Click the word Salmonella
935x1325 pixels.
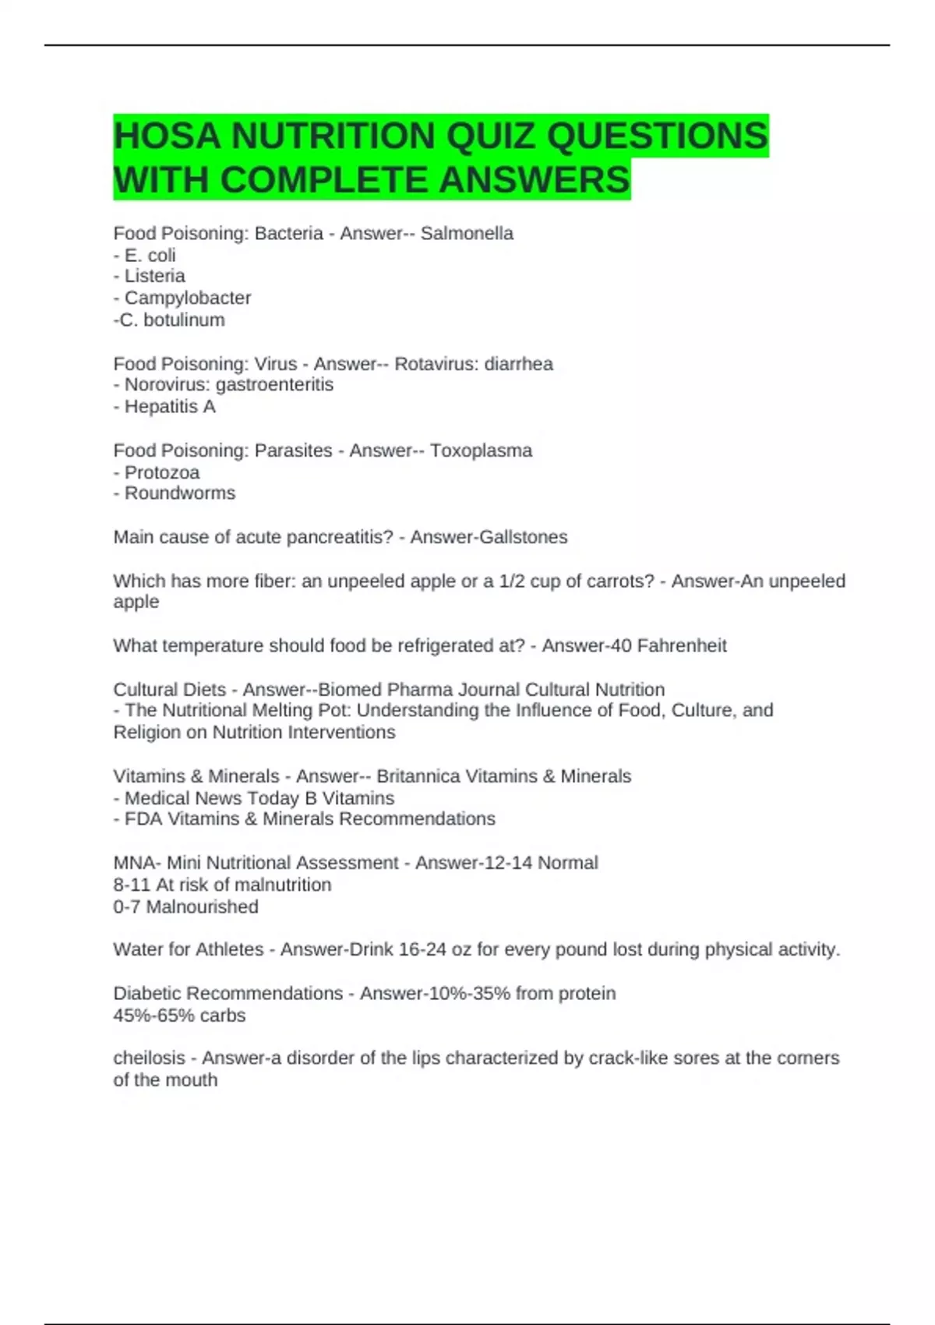click(x=467, y=233)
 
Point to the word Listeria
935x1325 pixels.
click(x=154, y=276)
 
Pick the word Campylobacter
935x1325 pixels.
click(x=188, y=298)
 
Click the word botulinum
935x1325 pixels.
click(x=184, y=320)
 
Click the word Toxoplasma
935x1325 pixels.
click(x=481, y=450)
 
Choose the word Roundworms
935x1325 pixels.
click(x=180, y=493)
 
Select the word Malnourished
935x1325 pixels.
click(x=202, y=906)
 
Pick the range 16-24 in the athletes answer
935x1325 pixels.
click(x=422, y=949)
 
